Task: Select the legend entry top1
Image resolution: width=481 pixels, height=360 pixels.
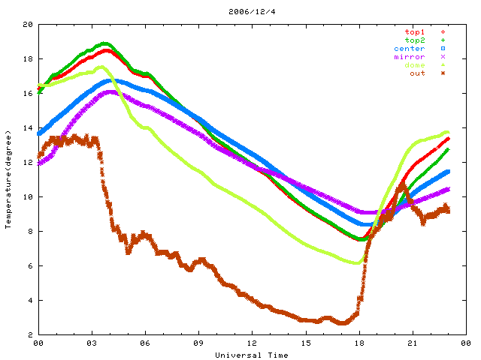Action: [x=415, y=32]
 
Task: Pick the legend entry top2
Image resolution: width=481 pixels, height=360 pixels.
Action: [x=415, y=40]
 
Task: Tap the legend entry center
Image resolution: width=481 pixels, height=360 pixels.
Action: [x=410, y=49]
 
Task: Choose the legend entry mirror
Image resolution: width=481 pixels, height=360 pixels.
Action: [x=410, y=57]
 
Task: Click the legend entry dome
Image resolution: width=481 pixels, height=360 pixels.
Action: [x=415, y=65]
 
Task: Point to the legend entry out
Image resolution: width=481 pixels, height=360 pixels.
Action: [x=418, y=73]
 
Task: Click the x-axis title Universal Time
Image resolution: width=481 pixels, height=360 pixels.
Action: [x=251, y=355]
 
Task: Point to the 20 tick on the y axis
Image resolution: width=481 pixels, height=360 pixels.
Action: [x=28, y=25]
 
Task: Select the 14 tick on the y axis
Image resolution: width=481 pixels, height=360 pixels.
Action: [x=28, y=128]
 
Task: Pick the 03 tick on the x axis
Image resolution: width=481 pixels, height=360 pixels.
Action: [x=92, y=343]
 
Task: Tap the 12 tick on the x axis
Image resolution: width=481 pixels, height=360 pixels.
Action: [x=252, y=343]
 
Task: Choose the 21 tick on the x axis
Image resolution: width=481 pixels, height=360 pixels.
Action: [x=413, y=343]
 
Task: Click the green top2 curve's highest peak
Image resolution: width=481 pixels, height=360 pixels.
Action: [x=105, y=43]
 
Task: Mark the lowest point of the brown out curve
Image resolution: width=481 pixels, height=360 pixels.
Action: [x=343, y=323]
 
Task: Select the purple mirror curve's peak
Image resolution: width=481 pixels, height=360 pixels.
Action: [x=110, y=91]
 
